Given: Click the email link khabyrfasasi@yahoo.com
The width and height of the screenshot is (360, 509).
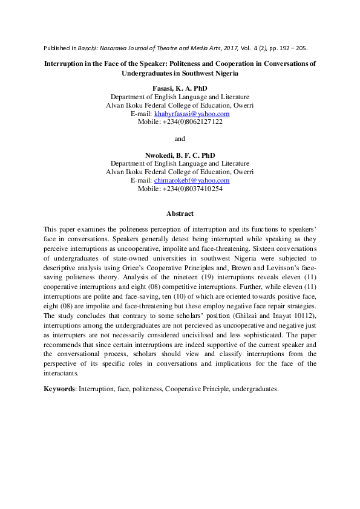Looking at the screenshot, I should (x=191, y=113).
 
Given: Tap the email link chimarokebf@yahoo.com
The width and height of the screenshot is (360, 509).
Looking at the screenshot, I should (x=191, y=180).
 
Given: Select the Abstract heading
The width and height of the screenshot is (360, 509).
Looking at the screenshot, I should (x=180, y=213).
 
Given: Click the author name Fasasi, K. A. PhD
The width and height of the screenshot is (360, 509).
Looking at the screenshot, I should (x=180, y=88).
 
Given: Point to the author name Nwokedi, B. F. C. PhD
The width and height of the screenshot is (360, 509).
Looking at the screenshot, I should (x=180, y=155).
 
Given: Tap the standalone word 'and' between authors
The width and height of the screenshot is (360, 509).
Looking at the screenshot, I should (x=180, y=138).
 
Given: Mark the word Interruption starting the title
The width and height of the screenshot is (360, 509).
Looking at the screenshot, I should (x=67, y=63).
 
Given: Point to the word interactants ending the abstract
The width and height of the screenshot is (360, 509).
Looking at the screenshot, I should (x=61, y=374).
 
